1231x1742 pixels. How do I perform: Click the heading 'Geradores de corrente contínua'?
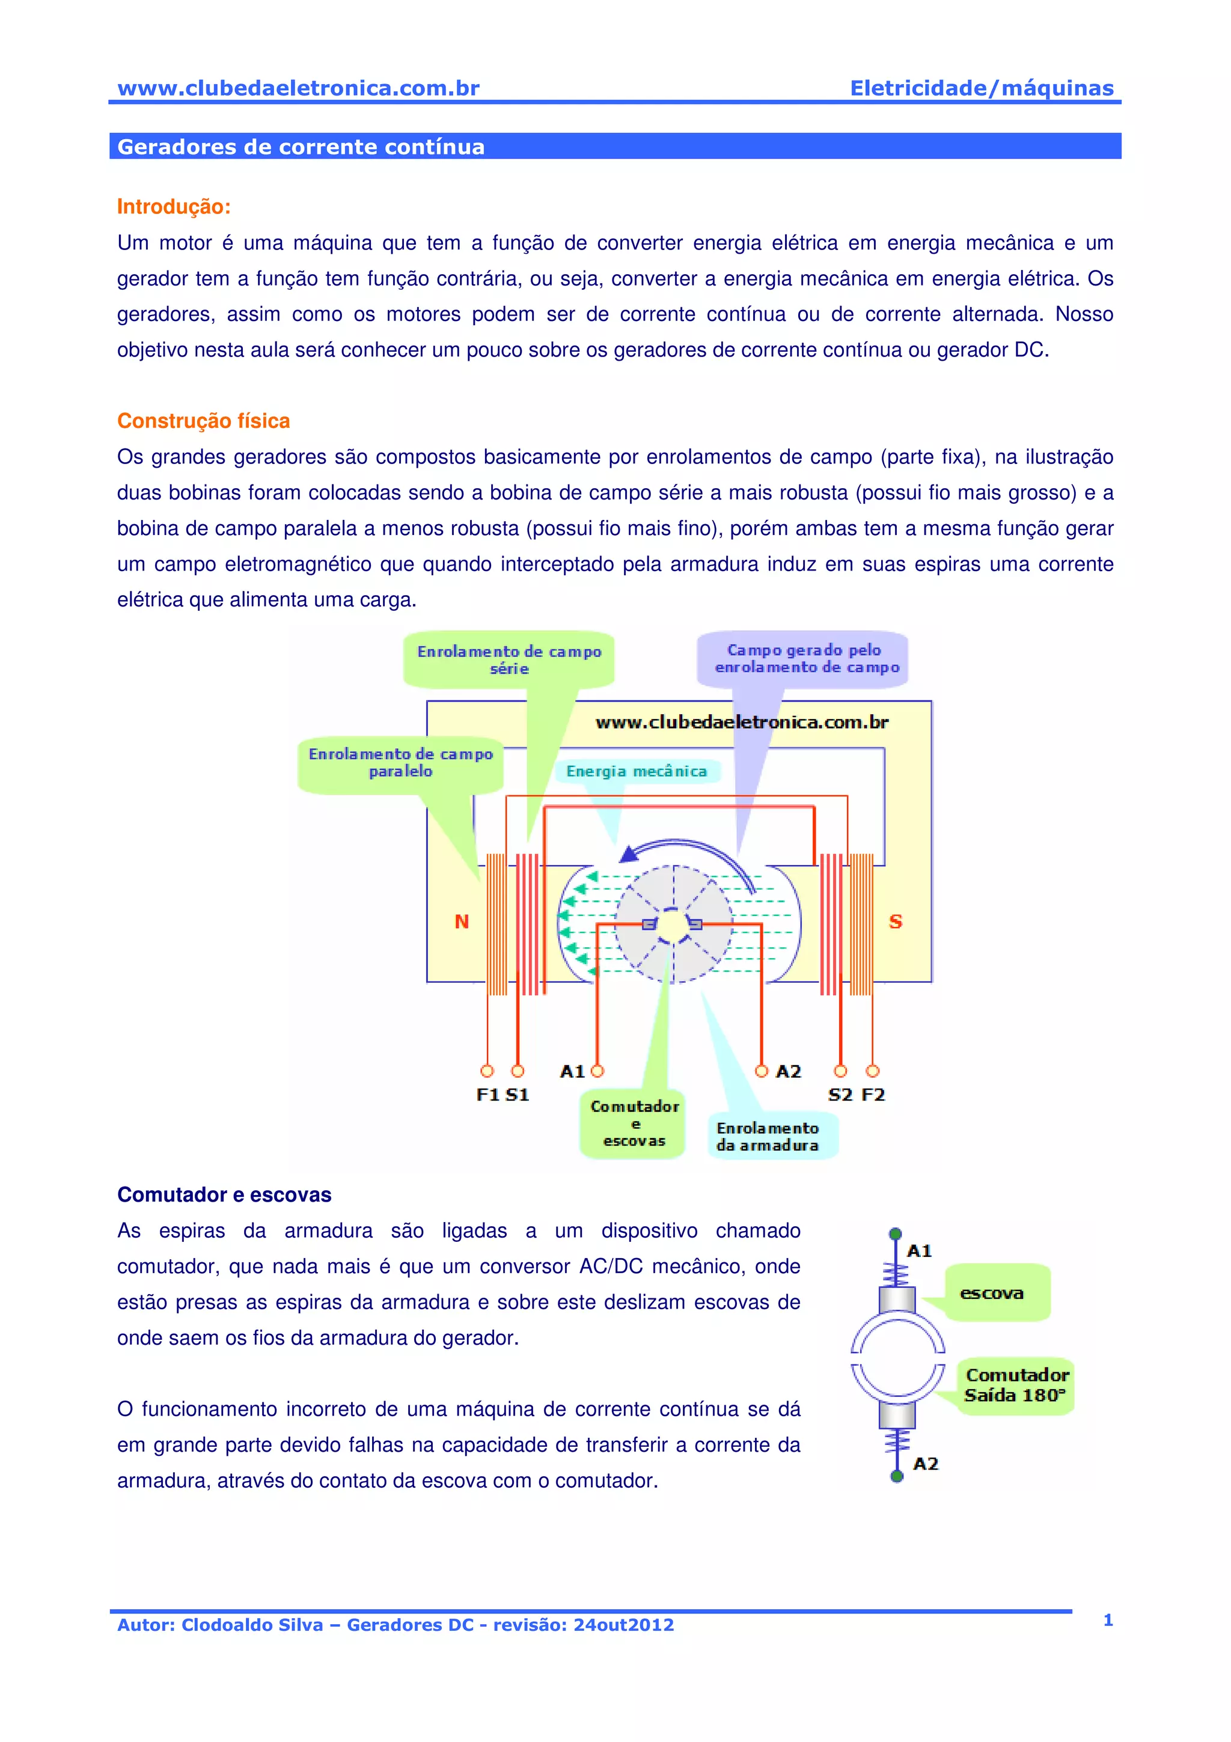[301, 147]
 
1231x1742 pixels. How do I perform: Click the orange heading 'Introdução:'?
[174, 206]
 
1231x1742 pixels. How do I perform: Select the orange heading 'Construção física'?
[203, 421]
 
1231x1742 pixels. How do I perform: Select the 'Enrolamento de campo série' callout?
[509, 659]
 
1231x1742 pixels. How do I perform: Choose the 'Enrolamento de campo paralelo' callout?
[400, 763]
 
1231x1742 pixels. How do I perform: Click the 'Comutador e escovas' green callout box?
[634, 1123]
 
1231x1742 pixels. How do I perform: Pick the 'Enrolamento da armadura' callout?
[768, 1137]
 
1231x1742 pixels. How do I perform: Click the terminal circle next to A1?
[597, 1071]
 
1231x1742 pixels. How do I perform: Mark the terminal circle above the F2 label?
[872, 1071]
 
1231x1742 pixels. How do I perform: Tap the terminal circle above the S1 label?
[518, 1071]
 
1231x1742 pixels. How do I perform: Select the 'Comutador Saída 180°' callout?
[1016, 1385]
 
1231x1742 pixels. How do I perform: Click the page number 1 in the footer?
[1107, 1621]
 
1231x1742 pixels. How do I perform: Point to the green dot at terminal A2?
[897, 1476]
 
